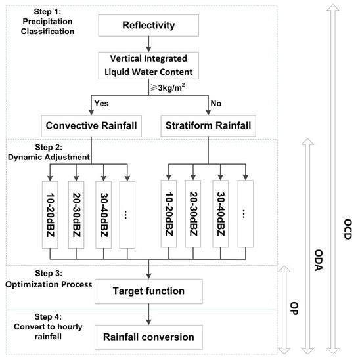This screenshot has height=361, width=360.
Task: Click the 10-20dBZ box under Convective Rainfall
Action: click(56, 213)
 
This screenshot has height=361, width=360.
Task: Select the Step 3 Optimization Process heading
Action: click(41, 278)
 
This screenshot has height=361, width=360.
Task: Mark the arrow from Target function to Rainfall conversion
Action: click(150, 313)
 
